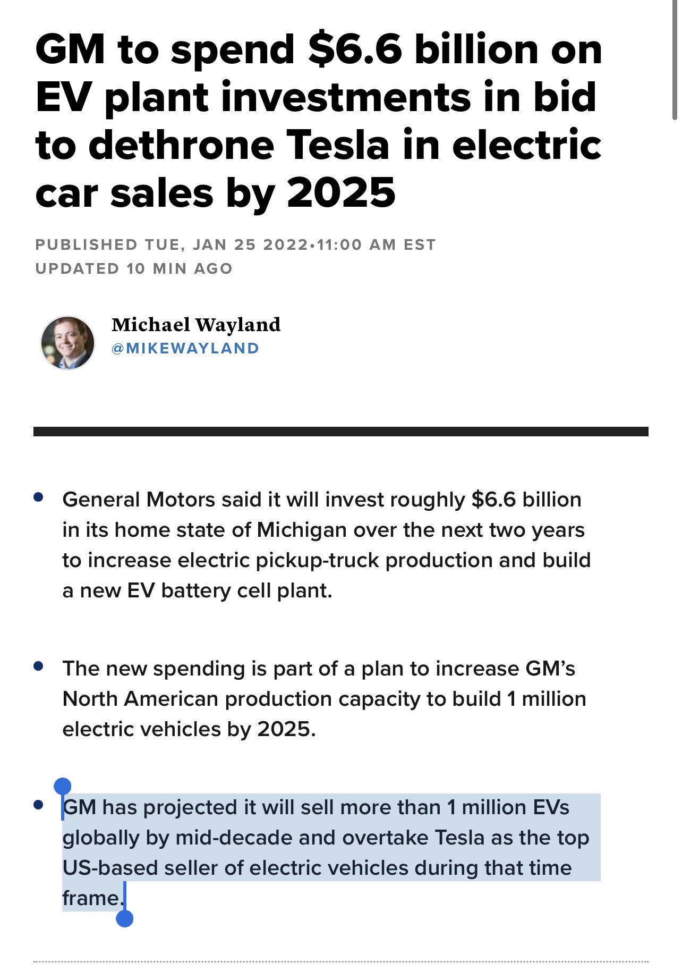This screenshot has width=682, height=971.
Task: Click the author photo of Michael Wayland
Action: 67,343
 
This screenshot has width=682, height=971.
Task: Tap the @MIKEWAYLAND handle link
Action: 185,348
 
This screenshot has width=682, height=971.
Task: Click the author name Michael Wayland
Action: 196,324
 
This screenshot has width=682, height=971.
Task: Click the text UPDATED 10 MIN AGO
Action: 134,268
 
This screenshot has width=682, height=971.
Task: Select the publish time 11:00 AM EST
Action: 376,244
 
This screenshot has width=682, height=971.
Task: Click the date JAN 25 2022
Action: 250,244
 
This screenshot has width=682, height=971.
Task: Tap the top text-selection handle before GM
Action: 63,786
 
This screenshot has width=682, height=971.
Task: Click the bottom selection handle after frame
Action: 124,918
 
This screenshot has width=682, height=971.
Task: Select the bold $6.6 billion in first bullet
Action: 526,500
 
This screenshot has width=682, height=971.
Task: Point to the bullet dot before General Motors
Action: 38,497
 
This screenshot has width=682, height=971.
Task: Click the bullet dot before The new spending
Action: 38,666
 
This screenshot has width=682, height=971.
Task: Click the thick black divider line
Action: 340,432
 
